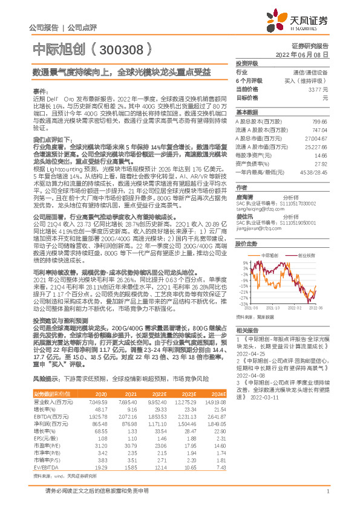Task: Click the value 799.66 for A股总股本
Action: point(320,121)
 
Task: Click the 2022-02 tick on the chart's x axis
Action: point(293,308)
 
